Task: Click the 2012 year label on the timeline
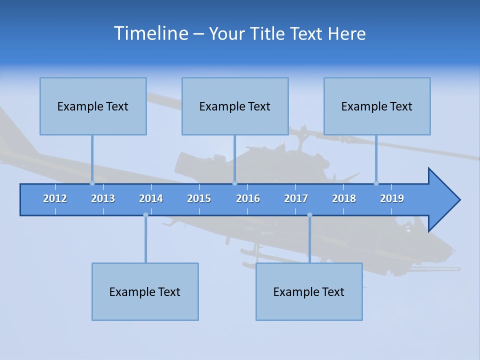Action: click(55, 198)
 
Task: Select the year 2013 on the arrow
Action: click(103, 198)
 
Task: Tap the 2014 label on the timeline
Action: click(151, 198)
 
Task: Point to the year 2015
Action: click(199, 198)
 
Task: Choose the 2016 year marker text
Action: click(248, 198)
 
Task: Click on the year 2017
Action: click(296, 198)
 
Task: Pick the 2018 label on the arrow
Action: click(344, 198)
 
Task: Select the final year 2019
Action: click(392, 198)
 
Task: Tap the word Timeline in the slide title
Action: click(150, 33)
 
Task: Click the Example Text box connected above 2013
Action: click(93, 106)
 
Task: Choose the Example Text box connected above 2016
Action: click(235, 106)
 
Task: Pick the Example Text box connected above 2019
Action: click(377, 106)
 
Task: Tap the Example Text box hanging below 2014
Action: click(145, 291)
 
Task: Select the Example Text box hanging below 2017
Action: click(309, 291)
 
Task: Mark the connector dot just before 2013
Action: click(92, 183)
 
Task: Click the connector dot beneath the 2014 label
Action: click(145, 215)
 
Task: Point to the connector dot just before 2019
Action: click(376, 183)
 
